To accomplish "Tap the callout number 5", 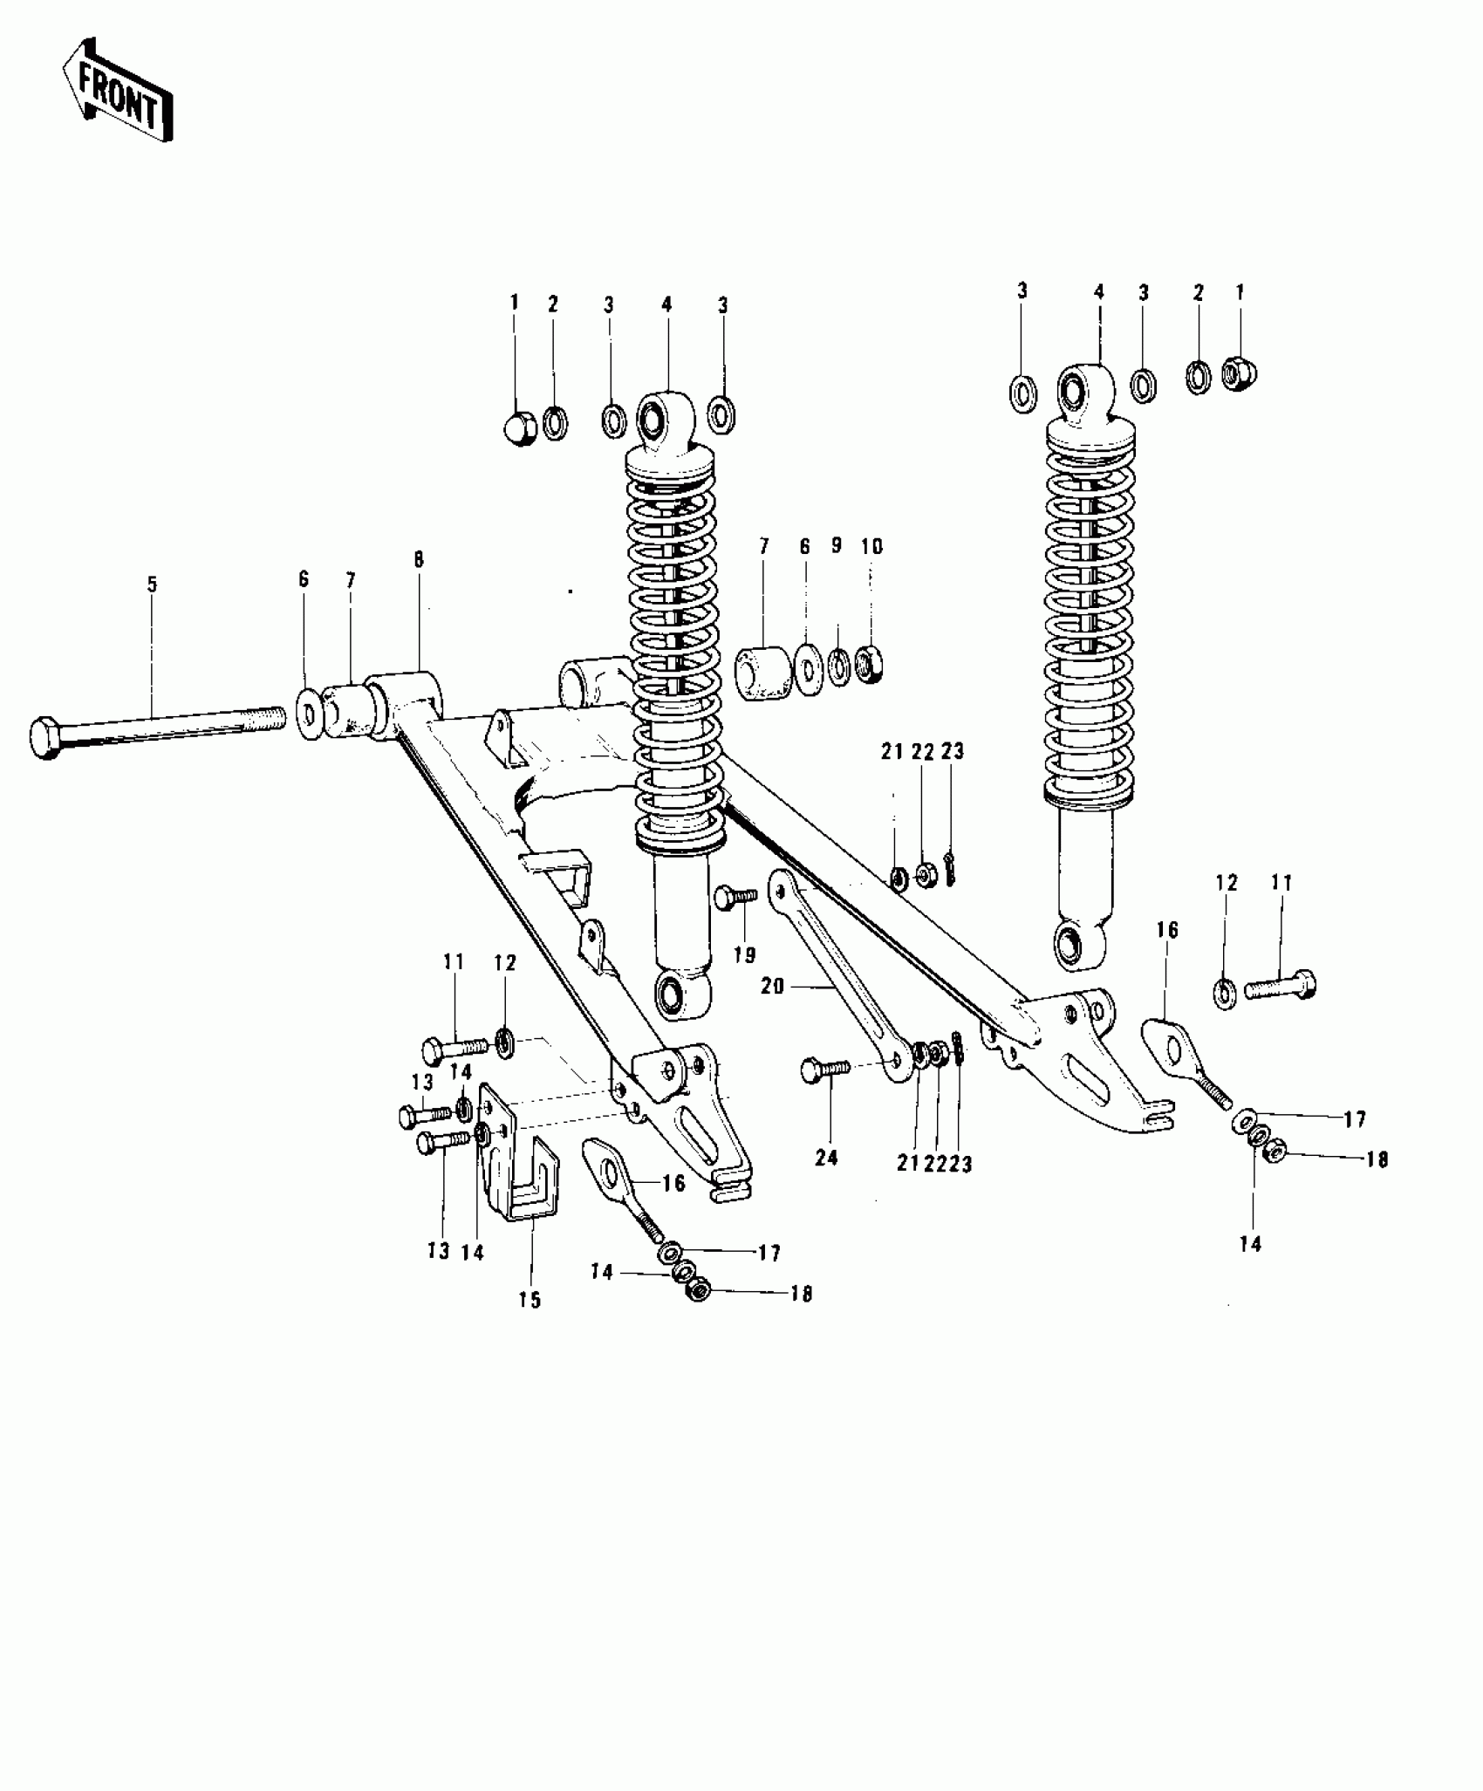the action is coord(152,584).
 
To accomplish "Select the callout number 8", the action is coord(419,560).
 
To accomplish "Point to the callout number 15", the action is coord(530,1324).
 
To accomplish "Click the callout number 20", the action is coord(773,986).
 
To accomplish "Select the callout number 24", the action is coord(826,1159).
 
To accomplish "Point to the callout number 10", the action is coord(871,547).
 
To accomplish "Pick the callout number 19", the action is coord(744,954).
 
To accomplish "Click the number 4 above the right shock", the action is coord(1099,291).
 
